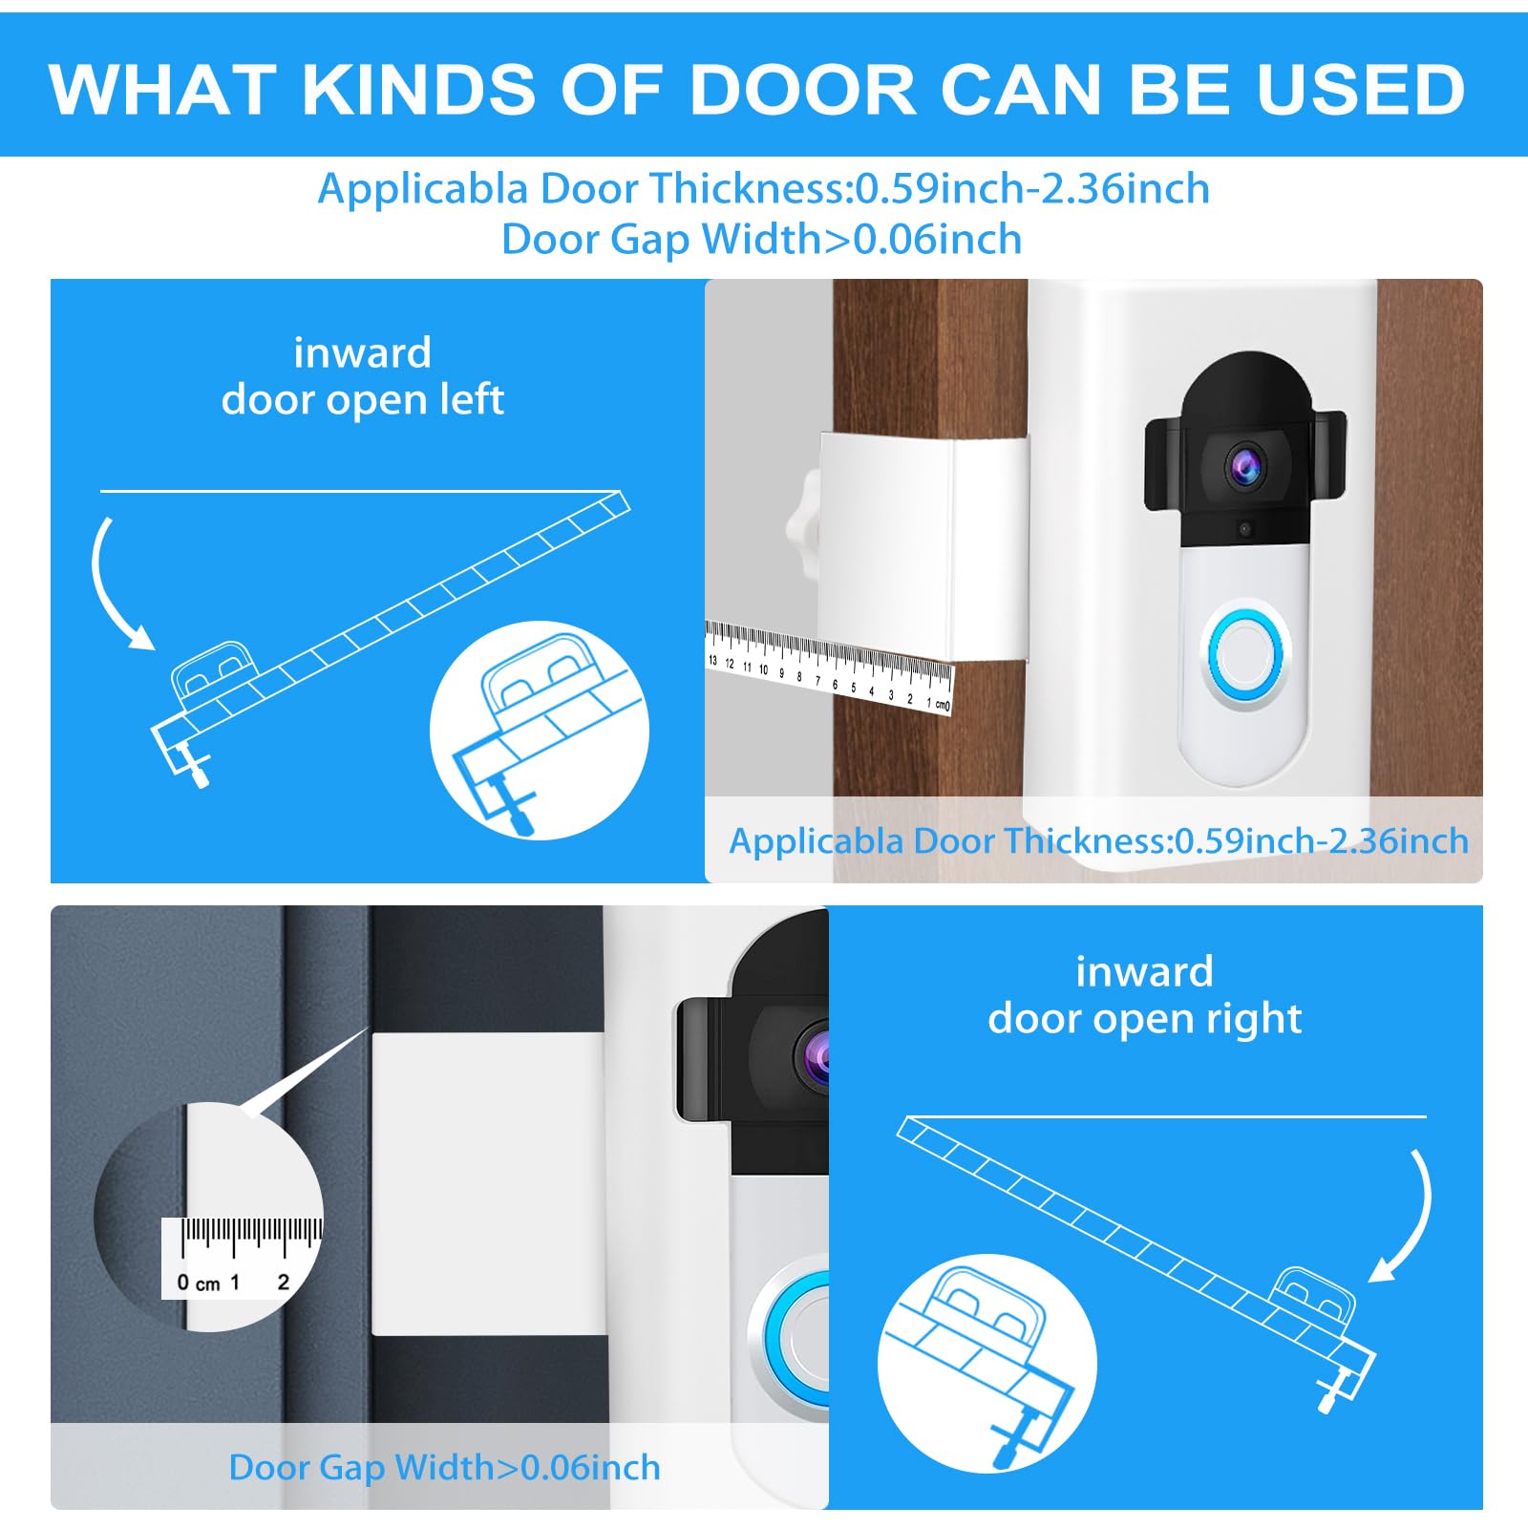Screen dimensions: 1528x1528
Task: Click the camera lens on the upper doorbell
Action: (x=1245, y=465)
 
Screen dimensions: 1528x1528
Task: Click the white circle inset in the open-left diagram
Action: (x=539, y=731)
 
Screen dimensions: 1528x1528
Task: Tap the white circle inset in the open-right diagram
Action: (x=987, y=1362)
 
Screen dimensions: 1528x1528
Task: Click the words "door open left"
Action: (x=362, y=399)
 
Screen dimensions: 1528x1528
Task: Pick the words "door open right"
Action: (x=1144, y=1018)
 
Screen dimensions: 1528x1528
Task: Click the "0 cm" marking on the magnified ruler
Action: (x=199, y=1283)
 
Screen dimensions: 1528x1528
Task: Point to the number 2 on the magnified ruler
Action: (x=283, y=1282)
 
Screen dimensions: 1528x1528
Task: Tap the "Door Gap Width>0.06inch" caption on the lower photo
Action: (x=444, y=1467)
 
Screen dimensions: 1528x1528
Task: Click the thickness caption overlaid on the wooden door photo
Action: (x=1098, y=840)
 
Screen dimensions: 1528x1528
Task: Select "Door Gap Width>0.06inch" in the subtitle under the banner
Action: (x=761, y=239)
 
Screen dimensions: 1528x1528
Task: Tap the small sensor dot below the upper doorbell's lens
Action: (x=1244, y=527)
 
